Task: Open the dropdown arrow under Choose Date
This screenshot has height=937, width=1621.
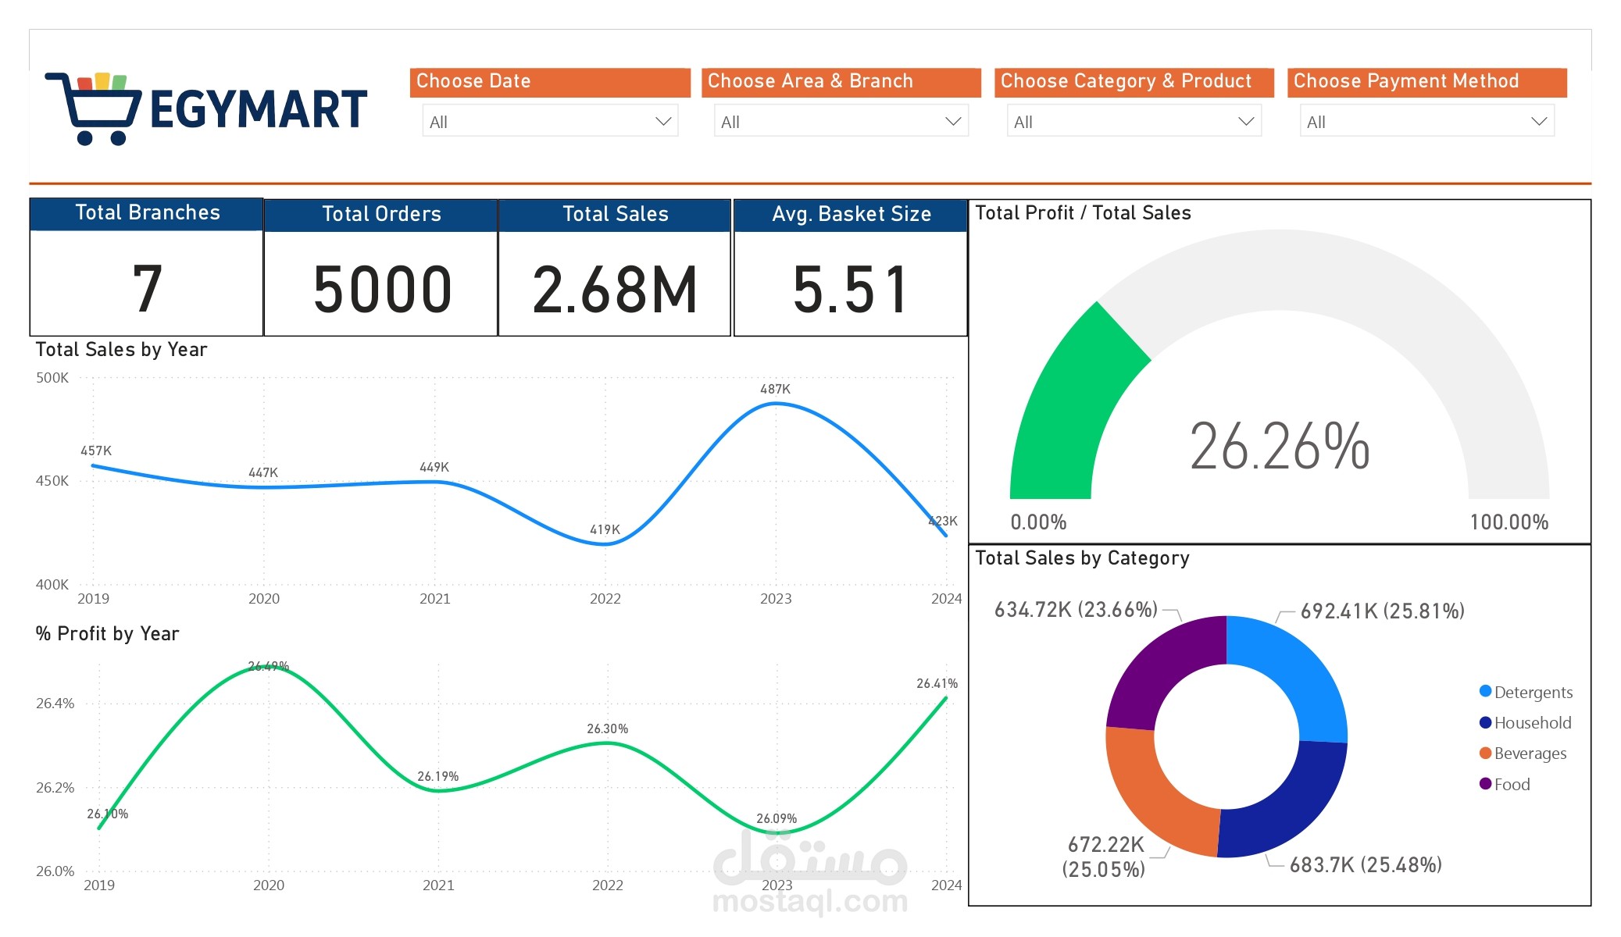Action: click(662, 122)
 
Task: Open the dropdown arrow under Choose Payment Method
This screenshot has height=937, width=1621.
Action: click(1538, 122)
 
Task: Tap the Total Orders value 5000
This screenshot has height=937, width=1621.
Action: click(382, 290)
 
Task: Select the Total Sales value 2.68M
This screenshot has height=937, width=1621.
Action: click(615, 290)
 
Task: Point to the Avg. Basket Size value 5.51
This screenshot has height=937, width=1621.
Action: click(851, 290)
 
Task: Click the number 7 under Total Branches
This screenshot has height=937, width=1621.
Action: click(147, 290)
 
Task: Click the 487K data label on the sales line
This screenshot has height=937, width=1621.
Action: click(775, 389)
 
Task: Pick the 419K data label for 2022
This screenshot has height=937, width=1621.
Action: click(605, 529)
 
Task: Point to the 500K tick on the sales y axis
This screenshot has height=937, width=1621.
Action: click(52, 378)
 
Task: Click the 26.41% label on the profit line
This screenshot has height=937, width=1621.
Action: click(937, 683)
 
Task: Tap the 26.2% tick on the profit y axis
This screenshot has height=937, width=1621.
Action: click(55, 787)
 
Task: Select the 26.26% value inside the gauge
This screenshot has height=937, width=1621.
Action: click(1280, 447)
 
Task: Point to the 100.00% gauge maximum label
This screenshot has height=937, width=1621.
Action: click(1509, 522)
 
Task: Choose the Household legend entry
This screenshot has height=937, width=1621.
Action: click(1531, 723)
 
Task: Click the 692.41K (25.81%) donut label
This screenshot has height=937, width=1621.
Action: click(1382, 611)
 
